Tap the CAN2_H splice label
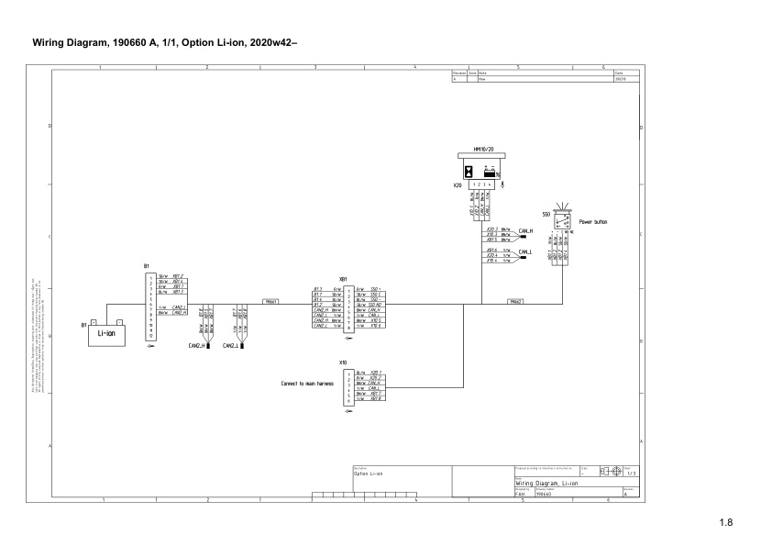click(x=198, y=346)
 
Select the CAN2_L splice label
click(x=231, y=346)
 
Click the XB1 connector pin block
click(x=347, y=306)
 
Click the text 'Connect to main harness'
click(x=306, y=384)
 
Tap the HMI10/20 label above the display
click(x=483, y=148)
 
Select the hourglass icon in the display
click(x=469, y=171)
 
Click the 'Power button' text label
click(x=593, y=221)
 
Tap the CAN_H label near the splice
click(x=525, y=231)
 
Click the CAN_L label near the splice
click(x=525, y=251)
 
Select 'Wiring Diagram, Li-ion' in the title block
click(x=546, y=482)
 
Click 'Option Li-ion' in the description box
click(x=368, y=474)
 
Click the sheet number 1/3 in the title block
click(x=631, y=473)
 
